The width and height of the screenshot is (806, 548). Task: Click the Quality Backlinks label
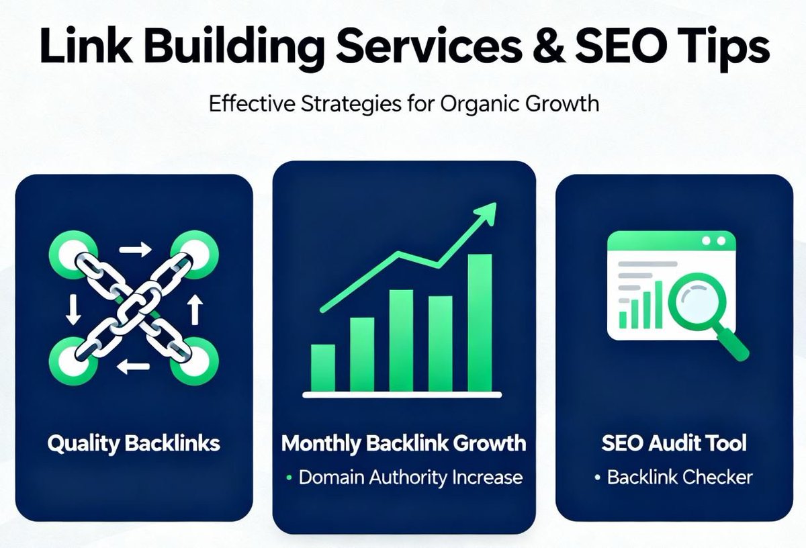(134, 444)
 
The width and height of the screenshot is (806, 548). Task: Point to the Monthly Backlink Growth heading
(404, 443)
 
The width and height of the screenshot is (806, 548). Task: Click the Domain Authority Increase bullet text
(410, 477)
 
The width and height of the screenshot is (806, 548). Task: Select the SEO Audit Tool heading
(674, 443)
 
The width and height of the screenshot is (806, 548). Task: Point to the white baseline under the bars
(404, 395)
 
